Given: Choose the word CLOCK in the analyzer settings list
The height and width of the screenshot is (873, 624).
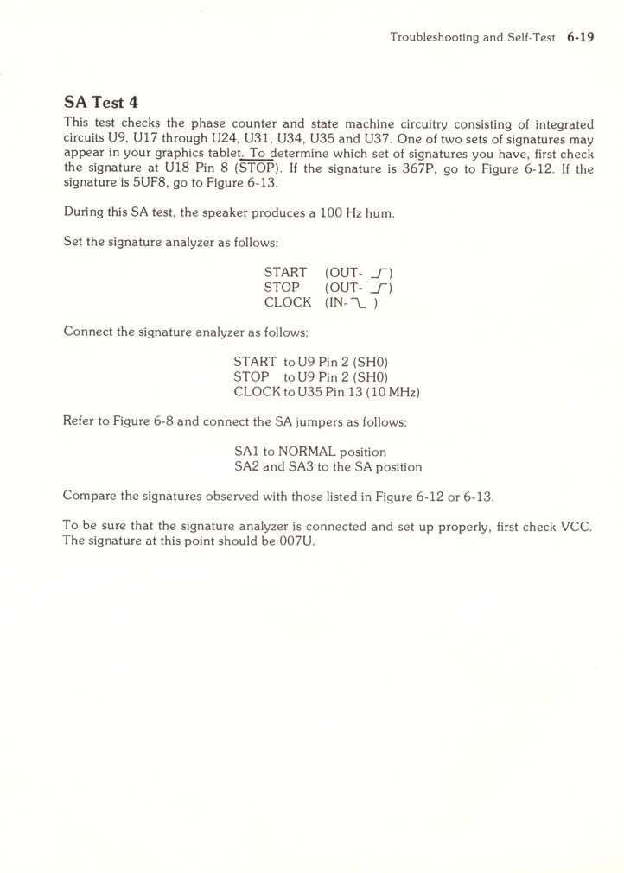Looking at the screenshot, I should (x=288, y=302).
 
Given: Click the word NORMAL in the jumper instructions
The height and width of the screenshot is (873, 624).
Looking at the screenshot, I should (x=307, y=452).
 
